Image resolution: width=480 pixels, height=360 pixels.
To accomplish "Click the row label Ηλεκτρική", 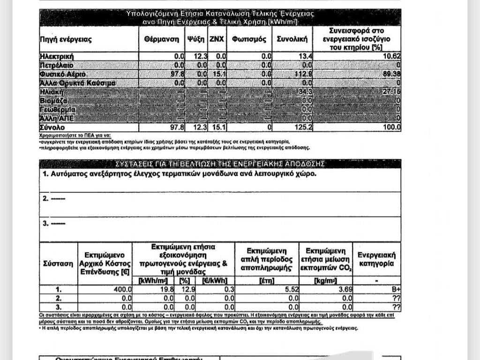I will pos(57,57).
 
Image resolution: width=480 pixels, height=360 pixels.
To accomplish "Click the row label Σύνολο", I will pos(52,127).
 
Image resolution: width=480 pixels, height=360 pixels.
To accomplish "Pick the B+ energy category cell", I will pos(396,290).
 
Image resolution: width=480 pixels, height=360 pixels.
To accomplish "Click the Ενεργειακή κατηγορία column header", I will pos(376,259).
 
